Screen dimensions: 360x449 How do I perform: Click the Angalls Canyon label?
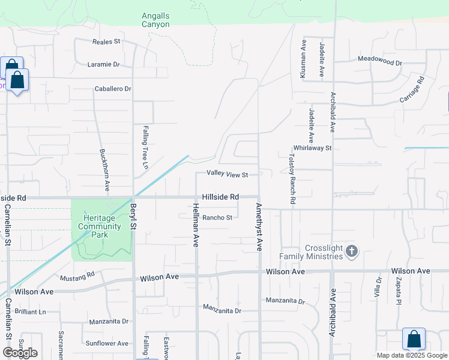tap(155, 20)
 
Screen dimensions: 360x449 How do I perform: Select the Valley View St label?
tap(228, 174)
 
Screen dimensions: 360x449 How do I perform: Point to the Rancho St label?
tap(217, 218)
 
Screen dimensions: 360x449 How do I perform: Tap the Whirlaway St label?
tap(312, 148)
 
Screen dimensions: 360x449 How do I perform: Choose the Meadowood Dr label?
tap(379, 61)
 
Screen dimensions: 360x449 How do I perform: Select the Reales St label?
tap(106, 41)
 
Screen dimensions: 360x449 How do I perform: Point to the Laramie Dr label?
tap(103, 64)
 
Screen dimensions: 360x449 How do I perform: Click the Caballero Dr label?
tap(113, 89)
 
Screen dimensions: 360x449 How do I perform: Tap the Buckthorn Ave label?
tap(104, 170)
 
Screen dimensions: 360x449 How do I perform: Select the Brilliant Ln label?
tap(31, 312)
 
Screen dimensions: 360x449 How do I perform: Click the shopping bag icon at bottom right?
tap(414, 339)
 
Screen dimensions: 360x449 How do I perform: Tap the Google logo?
tap(20, 352)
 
